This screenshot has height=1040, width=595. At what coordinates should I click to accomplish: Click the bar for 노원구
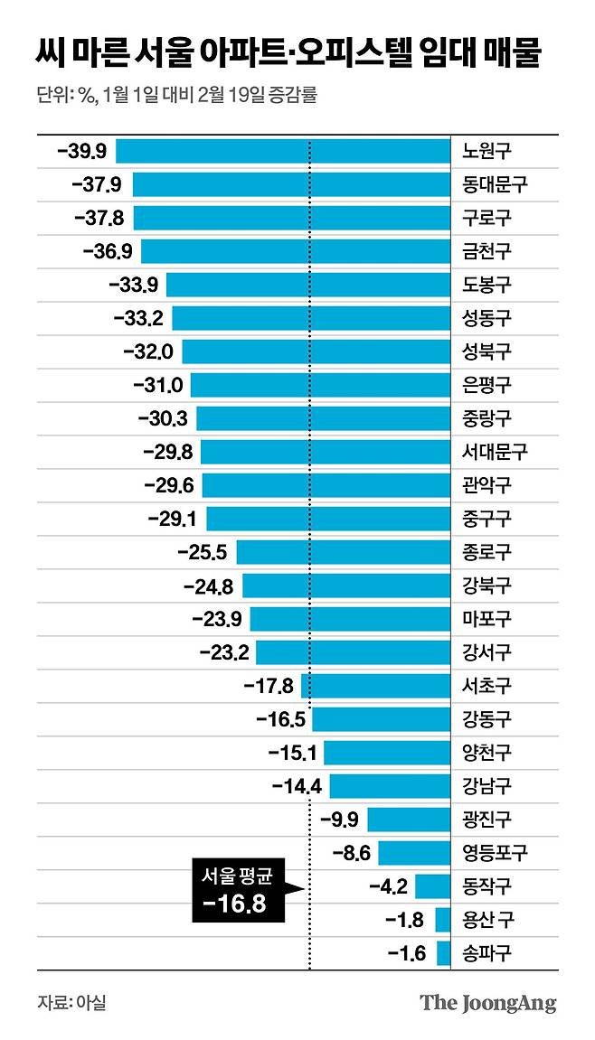282,151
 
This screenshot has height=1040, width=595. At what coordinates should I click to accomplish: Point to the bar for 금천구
295,251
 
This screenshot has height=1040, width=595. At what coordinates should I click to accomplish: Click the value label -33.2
138,318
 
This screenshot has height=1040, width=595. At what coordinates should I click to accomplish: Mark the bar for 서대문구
326,452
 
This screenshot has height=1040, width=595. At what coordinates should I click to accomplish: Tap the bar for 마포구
350,619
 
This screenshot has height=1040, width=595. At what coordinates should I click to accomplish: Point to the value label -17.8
269,686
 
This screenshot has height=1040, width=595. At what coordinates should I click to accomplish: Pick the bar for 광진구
409,820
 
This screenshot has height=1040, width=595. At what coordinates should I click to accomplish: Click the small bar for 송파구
443,953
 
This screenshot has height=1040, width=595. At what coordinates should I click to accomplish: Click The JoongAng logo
488,1003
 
